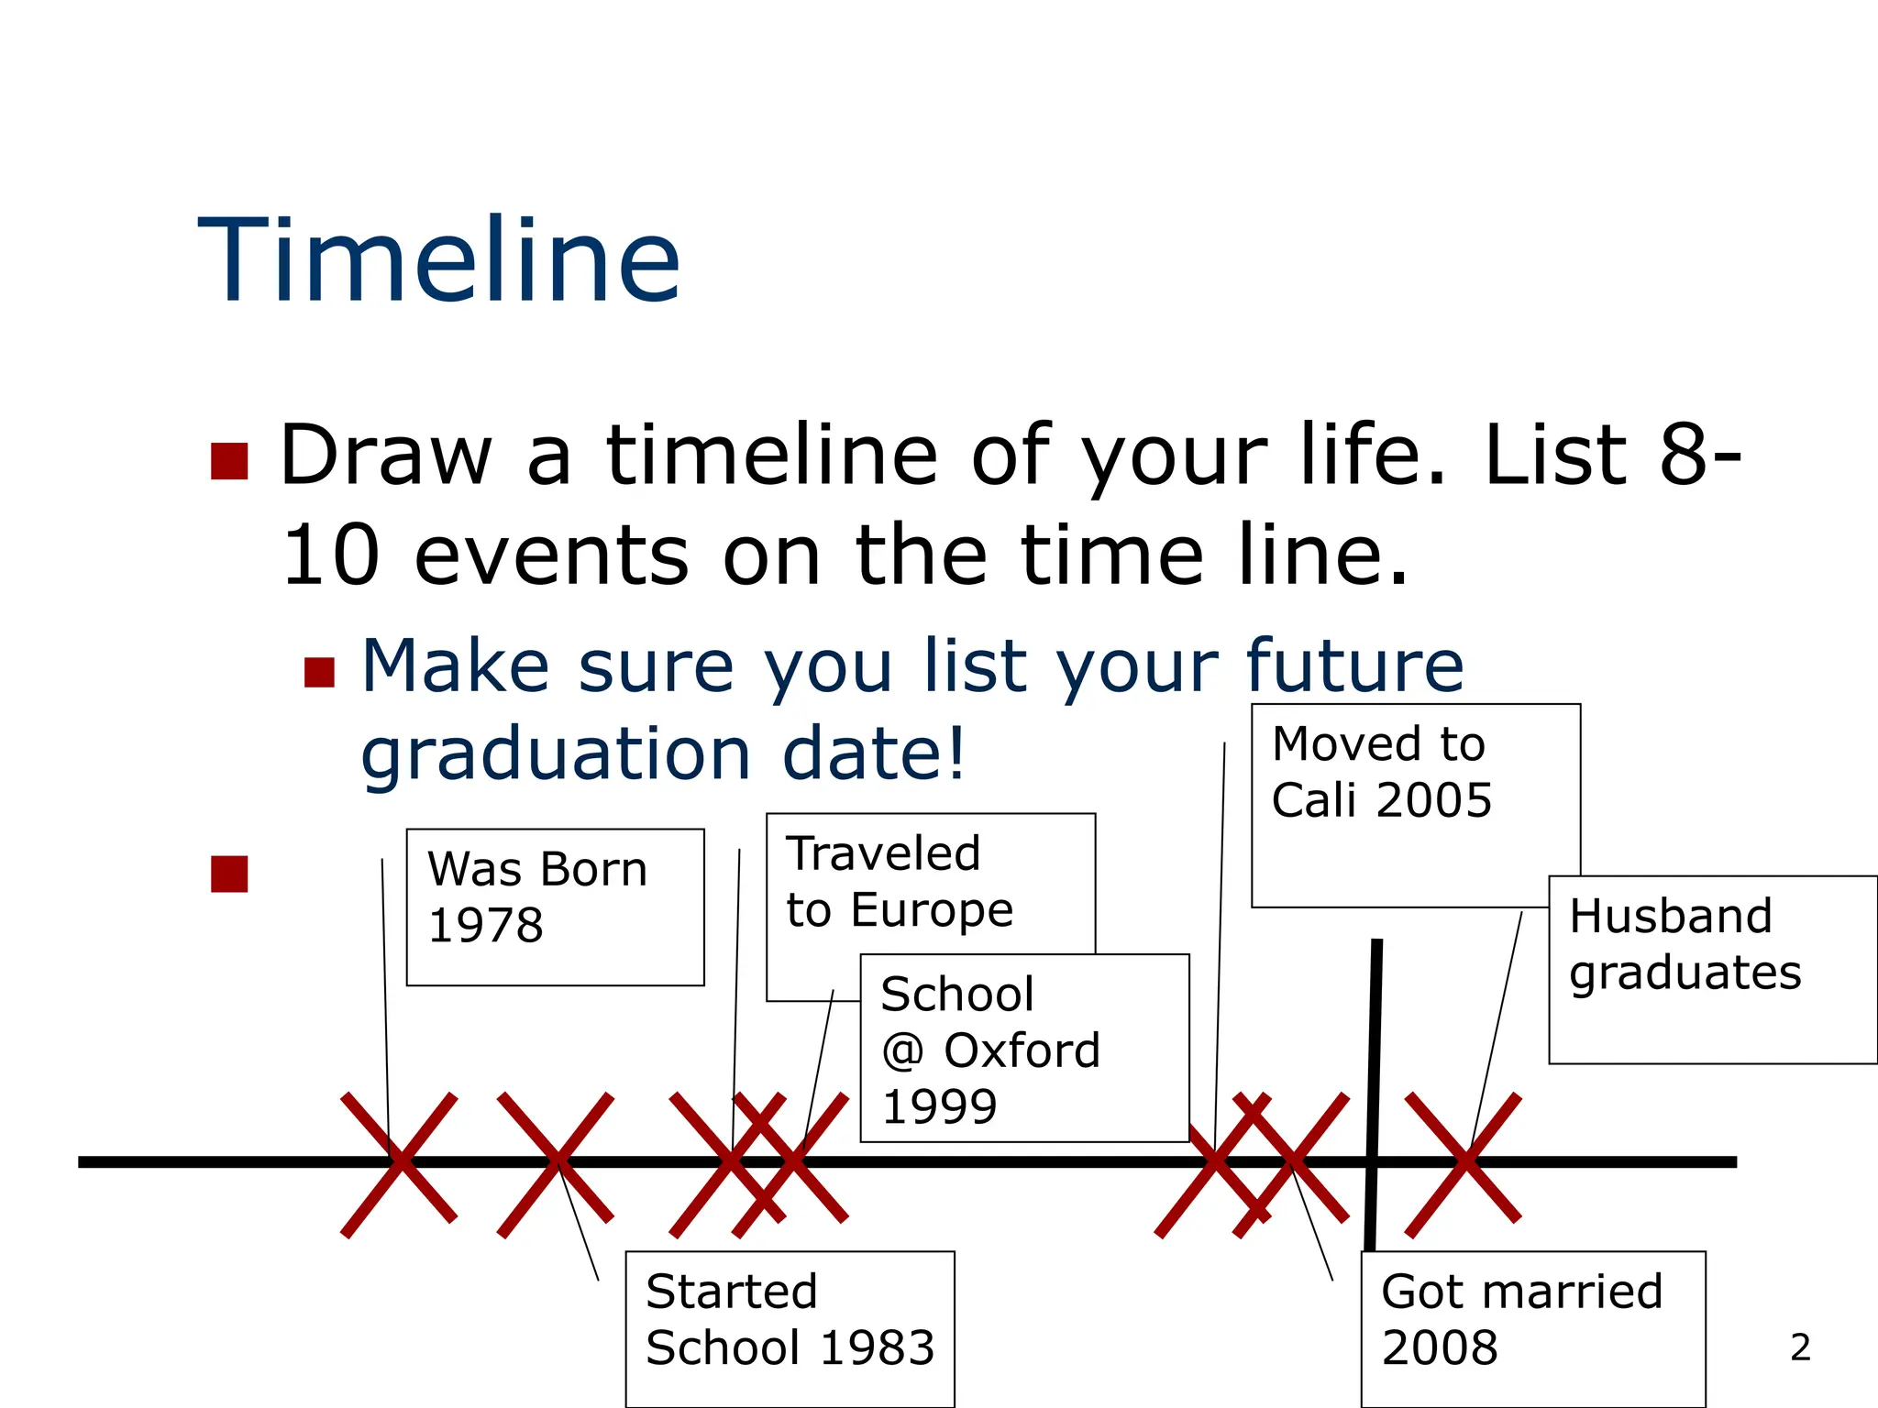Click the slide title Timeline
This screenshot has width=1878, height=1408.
[x=438, y=260]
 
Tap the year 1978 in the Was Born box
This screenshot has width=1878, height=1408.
[x=485, y=925]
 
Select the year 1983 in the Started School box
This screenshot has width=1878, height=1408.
[x=876, y=1347]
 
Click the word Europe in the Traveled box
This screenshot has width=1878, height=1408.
[x=932, y=910]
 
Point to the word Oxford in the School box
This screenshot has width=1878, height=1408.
[x=1022, y=1050]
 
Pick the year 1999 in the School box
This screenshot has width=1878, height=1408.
[x=939, y=1106]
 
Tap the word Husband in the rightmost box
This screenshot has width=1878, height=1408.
[x=1670, y=917]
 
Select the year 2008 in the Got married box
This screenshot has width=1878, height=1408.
[x=1439, y=1347]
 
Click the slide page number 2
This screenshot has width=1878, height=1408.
[x=1800, y=1347]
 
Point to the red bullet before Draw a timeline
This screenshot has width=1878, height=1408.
[x=229, y=461]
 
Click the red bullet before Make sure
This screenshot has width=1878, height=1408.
[x=319, y=672]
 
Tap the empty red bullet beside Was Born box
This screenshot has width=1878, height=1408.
[x=229, y=874]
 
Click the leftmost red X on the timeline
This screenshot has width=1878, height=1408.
[x=399, y=1162]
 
